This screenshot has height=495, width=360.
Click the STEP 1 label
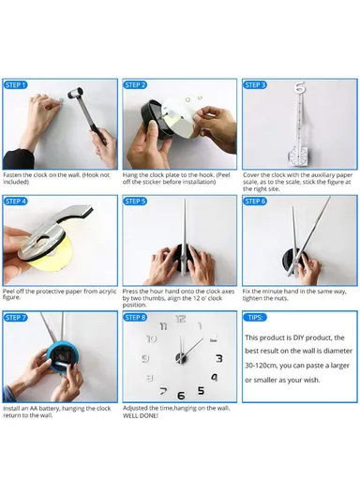(17, 85)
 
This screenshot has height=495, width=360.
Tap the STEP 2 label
(137, 85)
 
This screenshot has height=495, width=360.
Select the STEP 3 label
(256, 85)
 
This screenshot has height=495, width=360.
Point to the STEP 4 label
(17, 201)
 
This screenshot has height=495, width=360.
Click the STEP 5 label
(137, 201)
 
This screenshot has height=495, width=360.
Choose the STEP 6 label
(256, 201)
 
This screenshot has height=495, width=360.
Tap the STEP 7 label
(17, 318)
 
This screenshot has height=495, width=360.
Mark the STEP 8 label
(137, 318)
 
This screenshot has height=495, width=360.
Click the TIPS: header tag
(255, 318)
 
